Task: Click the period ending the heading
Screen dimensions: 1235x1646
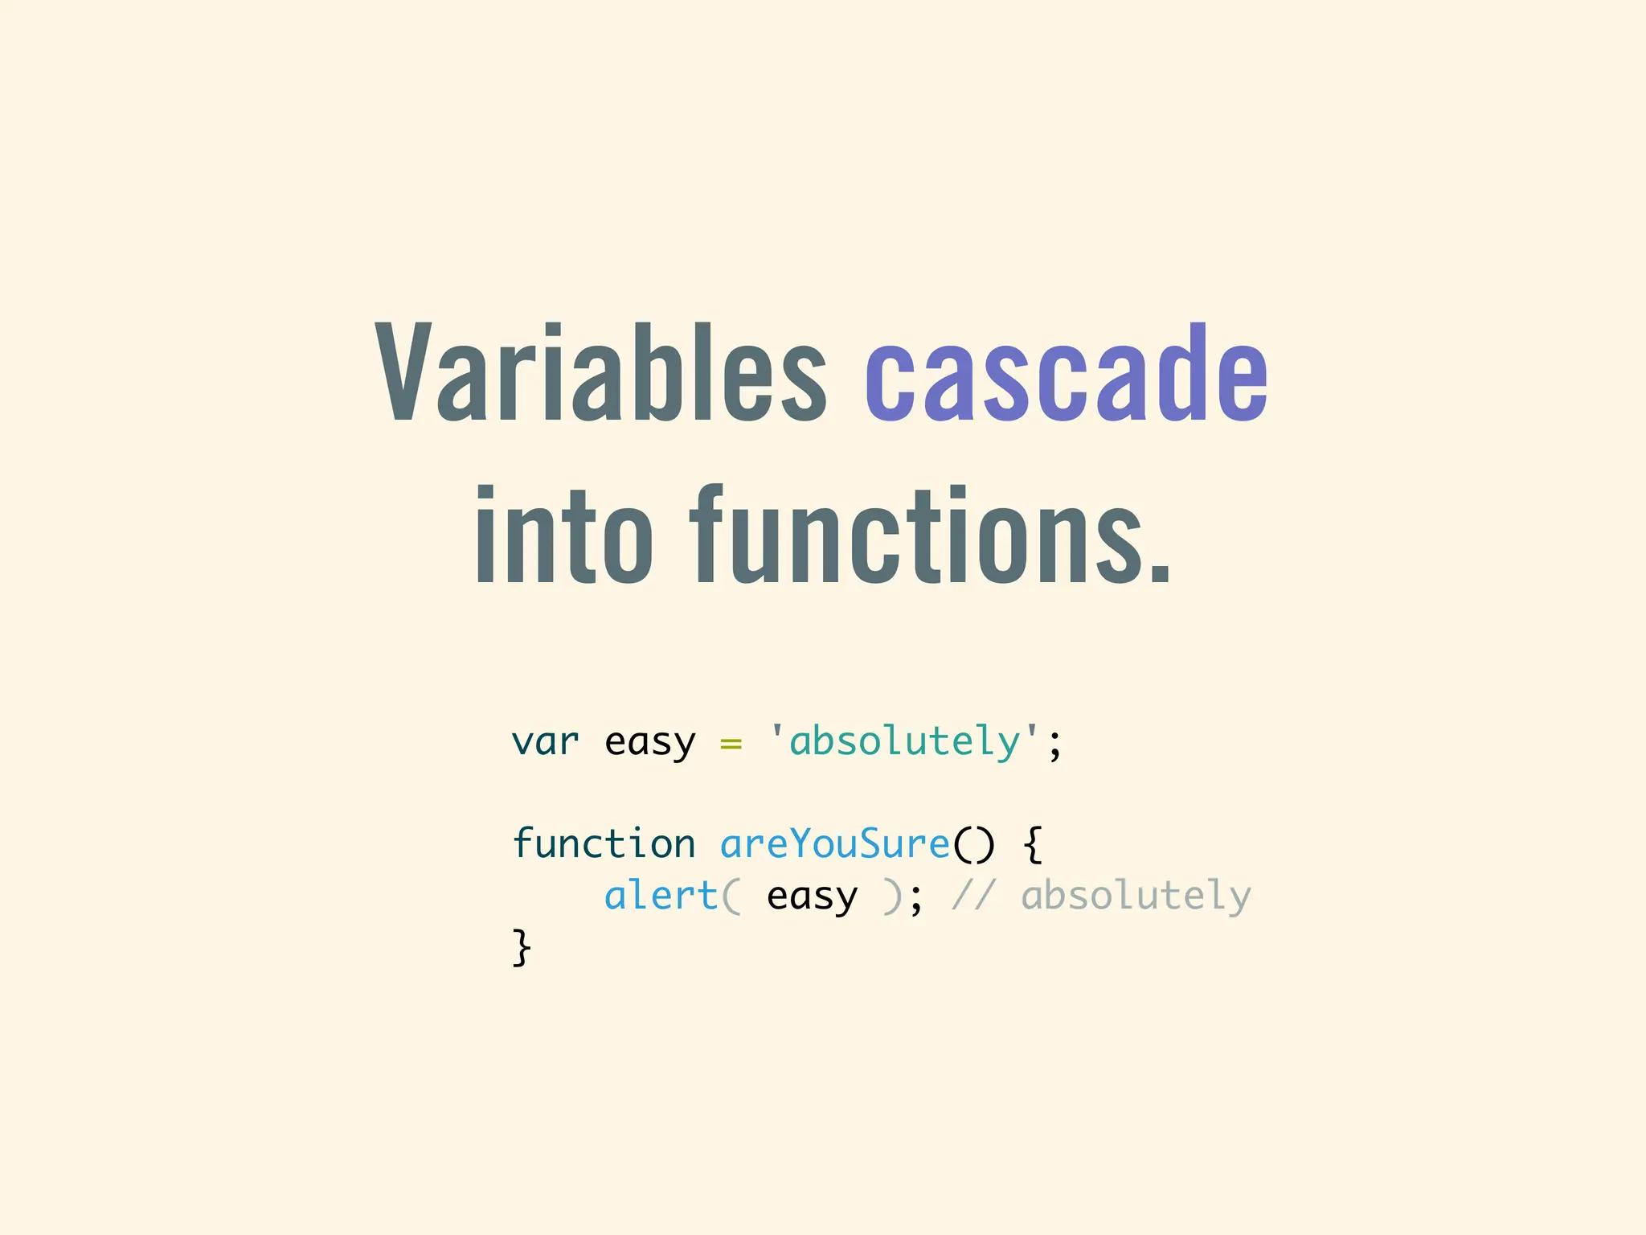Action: (1160, 566)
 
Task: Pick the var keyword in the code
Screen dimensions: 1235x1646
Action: (545, 741)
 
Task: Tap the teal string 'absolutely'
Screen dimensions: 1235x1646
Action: (905, 741)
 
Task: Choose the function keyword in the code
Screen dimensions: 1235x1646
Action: (604, 843)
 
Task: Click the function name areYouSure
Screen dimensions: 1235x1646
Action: (835, 843)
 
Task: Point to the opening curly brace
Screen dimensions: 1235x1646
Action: (1034, 845)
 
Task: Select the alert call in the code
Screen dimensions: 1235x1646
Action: (661, 896)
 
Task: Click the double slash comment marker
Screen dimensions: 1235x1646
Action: (973, 896)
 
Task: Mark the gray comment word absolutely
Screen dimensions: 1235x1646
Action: (1136, 896)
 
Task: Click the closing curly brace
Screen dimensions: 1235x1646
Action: (522, 947)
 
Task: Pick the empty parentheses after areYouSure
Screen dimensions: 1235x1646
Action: (973, 844)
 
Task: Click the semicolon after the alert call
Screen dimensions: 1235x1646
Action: (916, 899)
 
